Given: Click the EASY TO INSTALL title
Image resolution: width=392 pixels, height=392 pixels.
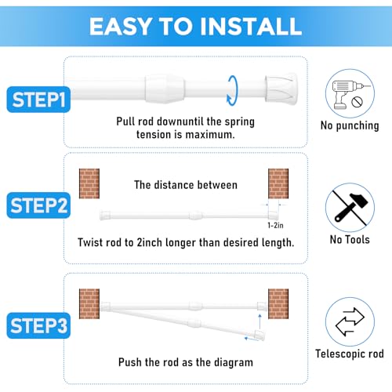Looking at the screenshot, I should click(195, 25).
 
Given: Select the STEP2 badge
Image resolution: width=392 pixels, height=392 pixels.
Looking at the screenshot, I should click(38, 207).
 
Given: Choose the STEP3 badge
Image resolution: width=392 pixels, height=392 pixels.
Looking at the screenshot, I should click(38, 323).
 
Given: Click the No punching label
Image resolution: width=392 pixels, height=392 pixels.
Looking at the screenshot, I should click(350, 125).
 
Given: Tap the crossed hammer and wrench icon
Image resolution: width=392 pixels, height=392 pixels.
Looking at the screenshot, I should click(350, 205).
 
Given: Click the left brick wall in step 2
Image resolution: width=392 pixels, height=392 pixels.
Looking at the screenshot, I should click(89, 184).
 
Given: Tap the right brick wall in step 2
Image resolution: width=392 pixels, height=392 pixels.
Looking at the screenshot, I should click(278, 184).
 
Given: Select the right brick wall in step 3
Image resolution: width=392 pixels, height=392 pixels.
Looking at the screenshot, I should click(278, 300).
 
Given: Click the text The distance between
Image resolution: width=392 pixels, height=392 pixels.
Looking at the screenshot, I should click(185, 185).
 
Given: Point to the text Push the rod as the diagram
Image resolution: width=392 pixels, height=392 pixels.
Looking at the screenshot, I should click(185, 363).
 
